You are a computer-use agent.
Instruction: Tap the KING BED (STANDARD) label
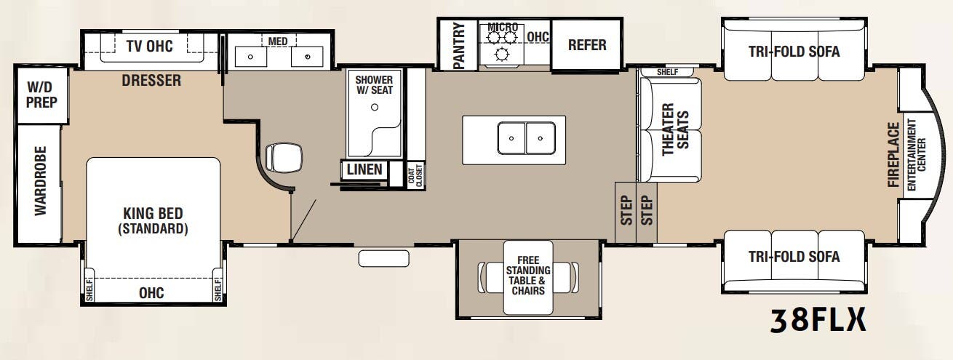click(153, 221)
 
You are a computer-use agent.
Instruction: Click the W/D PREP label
click(41, 95)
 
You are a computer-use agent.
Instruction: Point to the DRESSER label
click(151, 81)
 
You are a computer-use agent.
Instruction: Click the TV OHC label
click(149, 47)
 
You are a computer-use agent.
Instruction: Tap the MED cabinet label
click(278, 41)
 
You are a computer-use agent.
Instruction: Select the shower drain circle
click(375, 107)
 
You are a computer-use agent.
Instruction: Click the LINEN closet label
click(364, 170)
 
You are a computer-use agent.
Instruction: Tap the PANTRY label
click(458, 46)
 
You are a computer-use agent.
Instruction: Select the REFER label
click(586, 45)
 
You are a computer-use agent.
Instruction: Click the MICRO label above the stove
click(503, 28)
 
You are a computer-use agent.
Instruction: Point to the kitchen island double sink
click(526, 137)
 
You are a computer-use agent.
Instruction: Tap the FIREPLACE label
click(894, 155)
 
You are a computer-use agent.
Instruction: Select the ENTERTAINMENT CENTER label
click(917, 154)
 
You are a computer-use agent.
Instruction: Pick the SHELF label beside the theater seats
click(667, 72)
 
